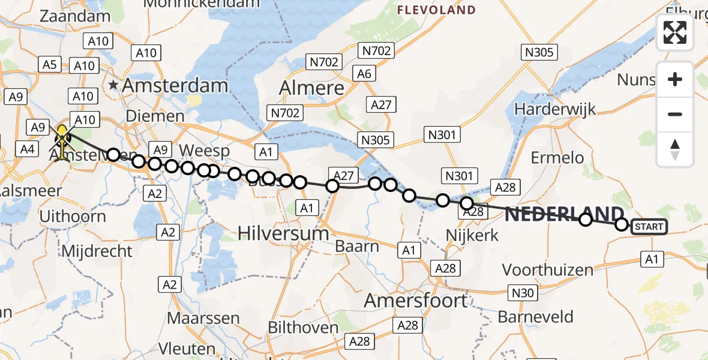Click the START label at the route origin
(x=648, y=226)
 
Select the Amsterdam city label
(x=175, y=86)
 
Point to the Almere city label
(x=312, y=89)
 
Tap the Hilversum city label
(x=283, y=233)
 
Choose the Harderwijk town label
(x=556, y=110)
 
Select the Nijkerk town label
(x=473, y=235)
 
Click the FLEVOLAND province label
(x=436, y=10)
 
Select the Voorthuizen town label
(x=548, y=270)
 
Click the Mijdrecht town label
(x=97, y=250)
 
